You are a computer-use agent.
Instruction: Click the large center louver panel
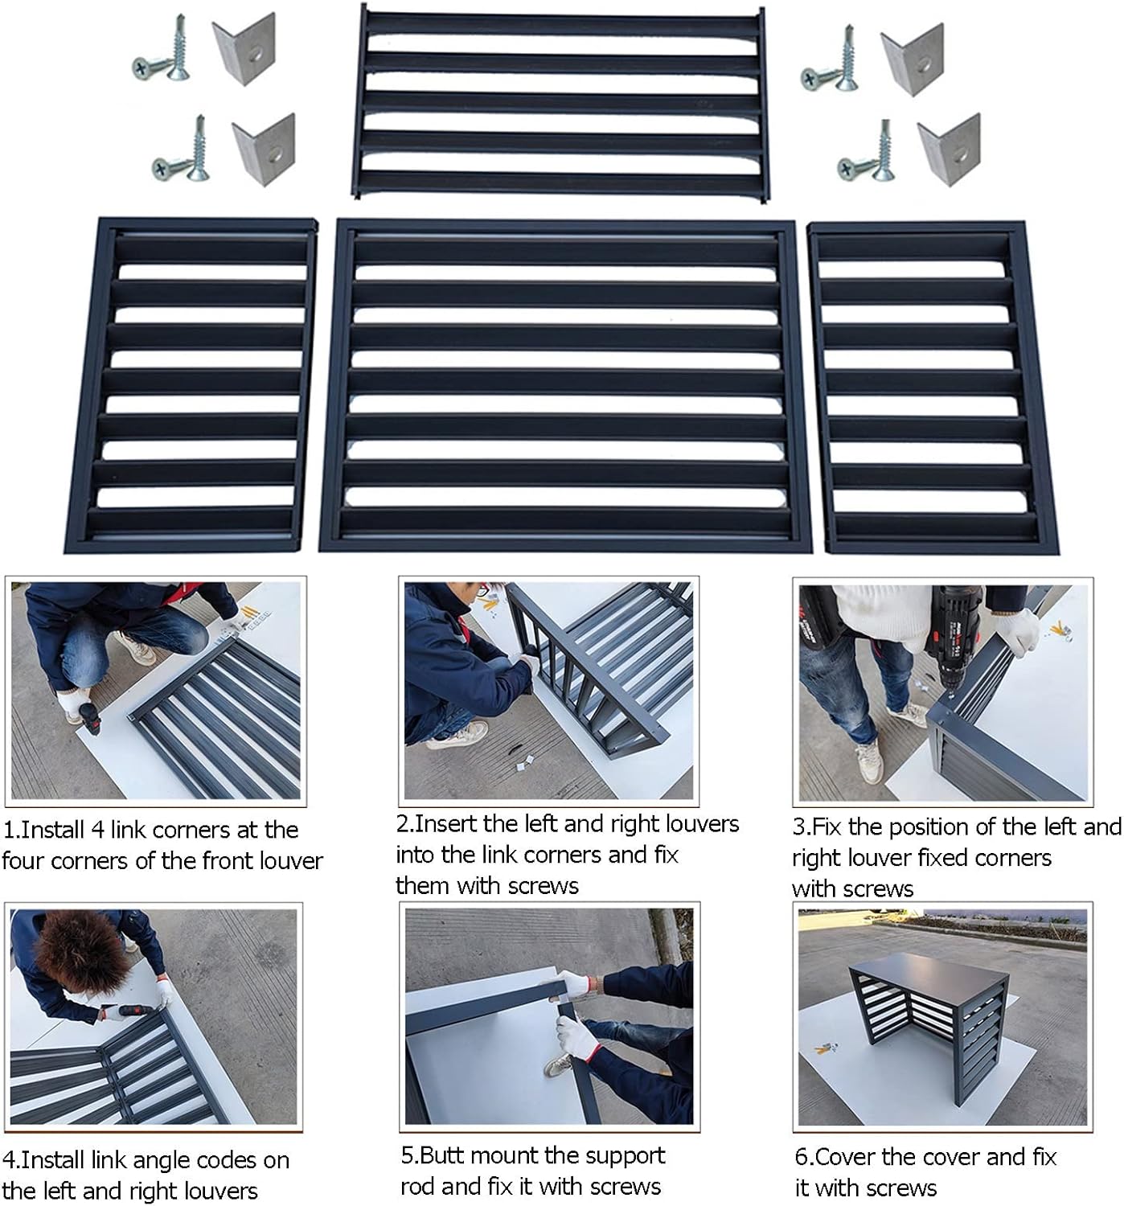click(x=565, y=386)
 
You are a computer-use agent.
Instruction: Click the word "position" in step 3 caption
click(x=897, y=827)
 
